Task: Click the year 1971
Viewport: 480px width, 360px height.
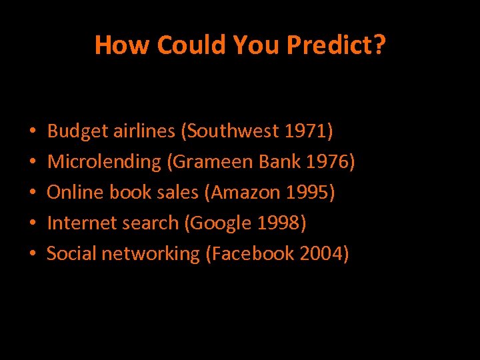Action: (x=309, y=131)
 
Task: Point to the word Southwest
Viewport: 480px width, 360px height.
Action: (x=233, y=131)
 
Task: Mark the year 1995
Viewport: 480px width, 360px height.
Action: (x=309, y=193)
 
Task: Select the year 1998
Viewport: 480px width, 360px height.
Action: (x=281, y=223)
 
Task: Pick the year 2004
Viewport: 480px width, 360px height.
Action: (x=322, y=254)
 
